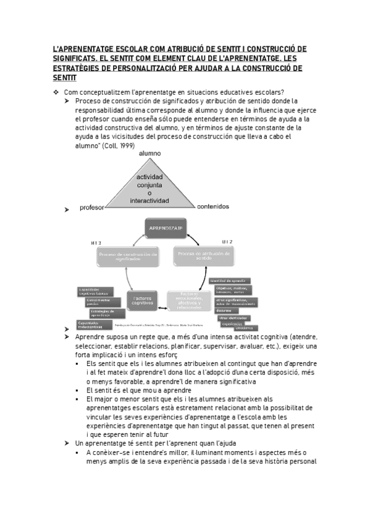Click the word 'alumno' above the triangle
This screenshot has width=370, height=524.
click(149, 153)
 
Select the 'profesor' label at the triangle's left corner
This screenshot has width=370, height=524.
click(92, 208)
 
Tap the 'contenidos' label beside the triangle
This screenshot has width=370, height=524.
click(213, 206)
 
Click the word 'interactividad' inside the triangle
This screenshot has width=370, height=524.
click(150, 200)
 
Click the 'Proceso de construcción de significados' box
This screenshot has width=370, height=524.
click(128, 256)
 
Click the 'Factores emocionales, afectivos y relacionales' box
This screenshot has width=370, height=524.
click(189, 299)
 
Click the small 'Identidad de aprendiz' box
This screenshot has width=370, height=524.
click(231, 280)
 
